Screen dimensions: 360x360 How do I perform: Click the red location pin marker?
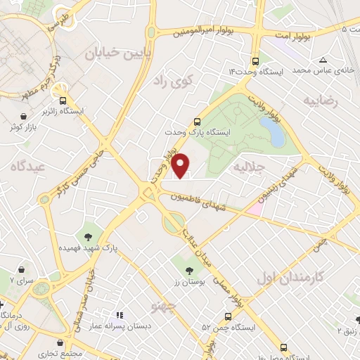coord(181,165)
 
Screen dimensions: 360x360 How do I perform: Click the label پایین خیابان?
coord(116,54)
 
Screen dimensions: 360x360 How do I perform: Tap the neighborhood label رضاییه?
coord(321,101)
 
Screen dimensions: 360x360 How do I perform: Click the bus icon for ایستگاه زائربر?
coord(63,100)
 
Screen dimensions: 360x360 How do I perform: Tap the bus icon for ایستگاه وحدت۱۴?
coord(255,60)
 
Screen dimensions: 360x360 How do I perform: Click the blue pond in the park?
coord(271,131)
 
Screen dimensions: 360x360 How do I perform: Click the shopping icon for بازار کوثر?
coord(25,117)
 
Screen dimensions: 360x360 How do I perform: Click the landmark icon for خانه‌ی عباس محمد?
coord(322,60)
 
